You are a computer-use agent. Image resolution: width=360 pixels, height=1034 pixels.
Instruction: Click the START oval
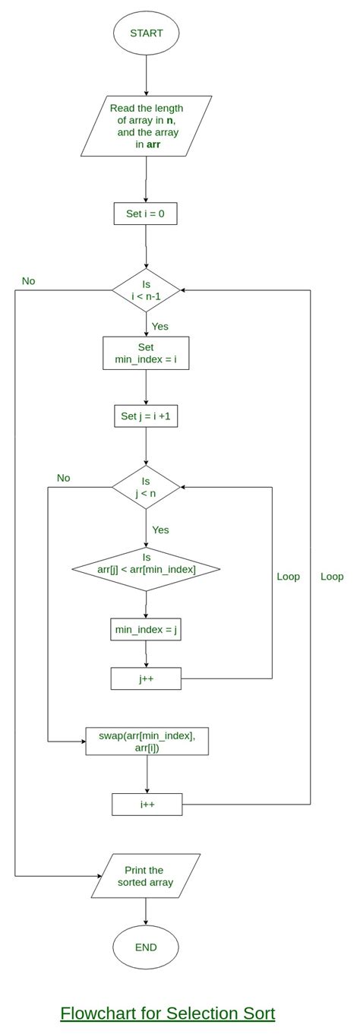(x=145, y=33)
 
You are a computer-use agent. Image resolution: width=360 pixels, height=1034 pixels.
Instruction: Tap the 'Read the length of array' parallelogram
(x=146, y=125)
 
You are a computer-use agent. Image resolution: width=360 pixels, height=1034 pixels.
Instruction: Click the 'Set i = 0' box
(x=145, y=214)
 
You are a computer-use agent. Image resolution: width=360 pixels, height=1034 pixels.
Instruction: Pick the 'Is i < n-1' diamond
(x=146, y=290)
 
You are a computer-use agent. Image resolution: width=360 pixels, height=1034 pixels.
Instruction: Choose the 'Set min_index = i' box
(x=146, y=353)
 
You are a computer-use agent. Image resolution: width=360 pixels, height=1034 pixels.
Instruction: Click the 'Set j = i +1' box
(x=146, y=416)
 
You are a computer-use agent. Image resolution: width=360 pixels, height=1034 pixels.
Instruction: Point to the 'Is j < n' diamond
(x=146, y=487)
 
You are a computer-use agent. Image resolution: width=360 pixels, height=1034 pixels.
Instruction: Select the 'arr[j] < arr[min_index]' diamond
(x=146, y=568)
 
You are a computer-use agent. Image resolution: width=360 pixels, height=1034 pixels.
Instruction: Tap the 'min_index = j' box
(x=146, y=629)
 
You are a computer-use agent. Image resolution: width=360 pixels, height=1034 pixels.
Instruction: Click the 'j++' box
(x=146, y=678)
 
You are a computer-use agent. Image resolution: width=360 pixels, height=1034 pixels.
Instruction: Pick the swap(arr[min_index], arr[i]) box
(x=147, y=741)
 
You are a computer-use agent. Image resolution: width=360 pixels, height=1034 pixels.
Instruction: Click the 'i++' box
(x=147, y=804)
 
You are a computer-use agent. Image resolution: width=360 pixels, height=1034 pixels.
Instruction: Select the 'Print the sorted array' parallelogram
(x=145, y=876)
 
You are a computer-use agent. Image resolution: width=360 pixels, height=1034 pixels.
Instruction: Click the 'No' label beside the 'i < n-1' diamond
(x=28, y=281)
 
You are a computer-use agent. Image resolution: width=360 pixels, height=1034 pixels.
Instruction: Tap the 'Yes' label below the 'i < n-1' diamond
(x=159, y=327)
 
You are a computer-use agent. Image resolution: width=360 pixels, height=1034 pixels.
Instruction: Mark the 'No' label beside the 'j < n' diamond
(x=63, y=478)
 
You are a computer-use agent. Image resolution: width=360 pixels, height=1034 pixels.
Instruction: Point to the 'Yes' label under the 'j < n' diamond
(x=160, y=530)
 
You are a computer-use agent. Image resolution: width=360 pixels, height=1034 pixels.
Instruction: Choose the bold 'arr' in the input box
(x=152, y=144)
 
